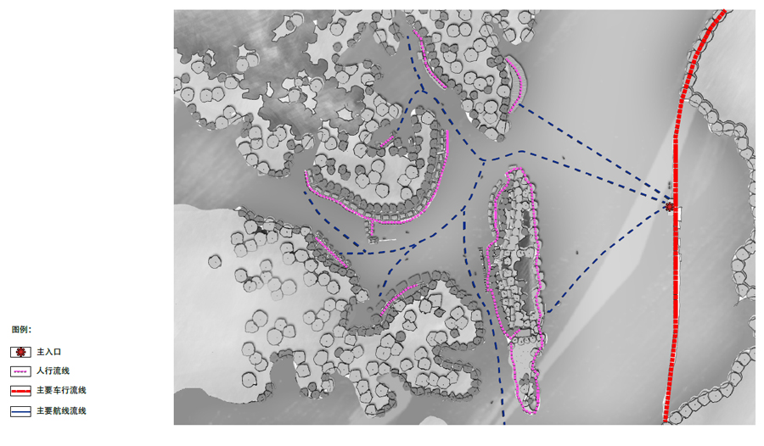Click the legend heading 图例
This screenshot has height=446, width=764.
tap(21, 330)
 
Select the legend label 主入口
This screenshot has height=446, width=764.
tap(48, 352)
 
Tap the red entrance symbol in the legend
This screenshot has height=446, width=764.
tap(20, 352)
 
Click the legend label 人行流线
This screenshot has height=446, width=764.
tap(53, 371)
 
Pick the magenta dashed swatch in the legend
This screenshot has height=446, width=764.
tap(20, 371)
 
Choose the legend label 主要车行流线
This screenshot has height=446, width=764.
tap(61, 390)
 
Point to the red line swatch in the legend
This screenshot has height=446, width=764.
tap(20, 391)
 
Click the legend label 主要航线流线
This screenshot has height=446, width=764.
tap(61, 410)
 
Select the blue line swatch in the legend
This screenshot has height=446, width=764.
tap(20, 411)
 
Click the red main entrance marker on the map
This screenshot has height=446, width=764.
tap(670, 207)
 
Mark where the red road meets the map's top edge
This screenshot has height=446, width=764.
tap(724, 11)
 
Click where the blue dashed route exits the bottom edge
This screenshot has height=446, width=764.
tap(503, 422)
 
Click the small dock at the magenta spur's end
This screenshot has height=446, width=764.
tap(374, 239)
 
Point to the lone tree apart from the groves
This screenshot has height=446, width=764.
tap(215, 262)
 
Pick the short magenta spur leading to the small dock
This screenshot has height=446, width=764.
tap(372, 229)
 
